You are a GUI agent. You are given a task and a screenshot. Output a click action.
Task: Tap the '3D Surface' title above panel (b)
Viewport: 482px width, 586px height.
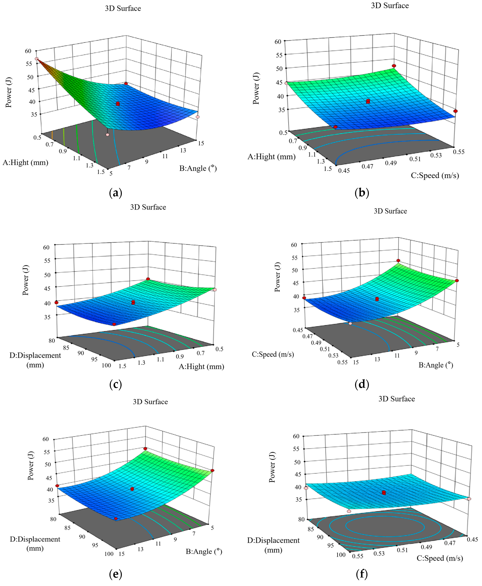pyautogui.click(x=390, y=6)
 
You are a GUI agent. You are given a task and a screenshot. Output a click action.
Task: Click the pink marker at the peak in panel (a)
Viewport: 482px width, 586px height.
pyautogui.click(x=36, y=59)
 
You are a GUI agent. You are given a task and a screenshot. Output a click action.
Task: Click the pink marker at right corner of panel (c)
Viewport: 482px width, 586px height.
pyautogui.click(x=215, y=290)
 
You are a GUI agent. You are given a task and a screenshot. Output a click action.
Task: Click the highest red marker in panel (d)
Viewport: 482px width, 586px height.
pyautogui.click(x=398, y=260)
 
